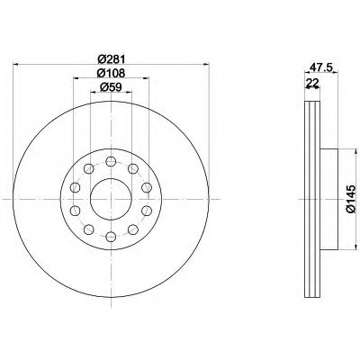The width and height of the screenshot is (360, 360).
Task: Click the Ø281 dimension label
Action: coord(111,59)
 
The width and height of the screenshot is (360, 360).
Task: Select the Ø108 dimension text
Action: coord(111,73)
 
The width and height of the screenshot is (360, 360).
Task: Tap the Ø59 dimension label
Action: coord(111,87)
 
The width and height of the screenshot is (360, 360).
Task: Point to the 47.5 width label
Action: coord(321,67)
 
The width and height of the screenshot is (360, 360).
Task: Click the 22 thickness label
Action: coord(312,82)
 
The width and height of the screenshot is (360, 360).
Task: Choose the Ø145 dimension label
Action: coord(351,199)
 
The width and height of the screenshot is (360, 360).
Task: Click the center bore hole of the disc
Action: coord(111,199)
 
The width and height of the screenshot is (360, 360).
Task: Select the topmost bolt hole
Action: coord(111,161)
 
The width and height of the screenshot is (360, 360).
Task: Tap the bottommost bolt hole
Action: coord(111,237)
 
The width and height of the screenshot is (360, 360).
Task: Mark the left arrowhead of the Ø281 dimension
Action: coord(15,64)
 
